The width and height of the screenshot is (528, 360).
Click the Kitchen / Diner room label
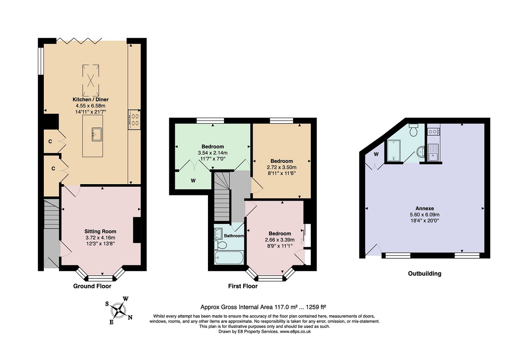90,99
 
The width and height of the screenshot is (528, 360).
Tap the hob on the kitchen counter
135,120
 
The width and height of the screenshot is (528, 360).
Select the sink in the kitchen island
97,134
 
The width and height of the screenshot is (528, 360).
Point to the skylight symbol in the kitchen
91,80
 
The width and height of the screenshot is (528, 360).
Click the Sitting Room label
100,231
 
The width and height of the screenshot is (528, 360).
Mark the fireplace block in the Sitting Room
137,230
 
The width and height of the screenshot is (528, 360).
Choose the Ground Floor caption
92,286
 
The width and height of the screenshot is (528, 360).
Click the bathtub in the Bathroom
229,258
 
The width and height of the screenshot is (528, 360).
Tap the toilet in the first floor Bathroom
221,245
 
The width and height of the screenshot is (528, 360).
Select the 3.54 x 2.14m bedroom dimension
213,153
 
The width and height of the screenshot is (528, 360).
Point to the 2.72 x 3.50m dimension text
282,167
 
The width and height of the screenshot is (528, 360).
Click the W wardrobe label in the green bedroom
193,181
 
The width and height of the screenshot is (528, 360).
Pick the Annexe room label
425,208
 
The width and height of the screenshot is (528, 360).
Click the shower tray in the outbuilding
393,151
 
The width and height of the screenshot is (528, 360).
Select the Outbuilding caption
425,274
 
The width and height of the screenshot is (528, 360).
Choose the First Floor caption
243,286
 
